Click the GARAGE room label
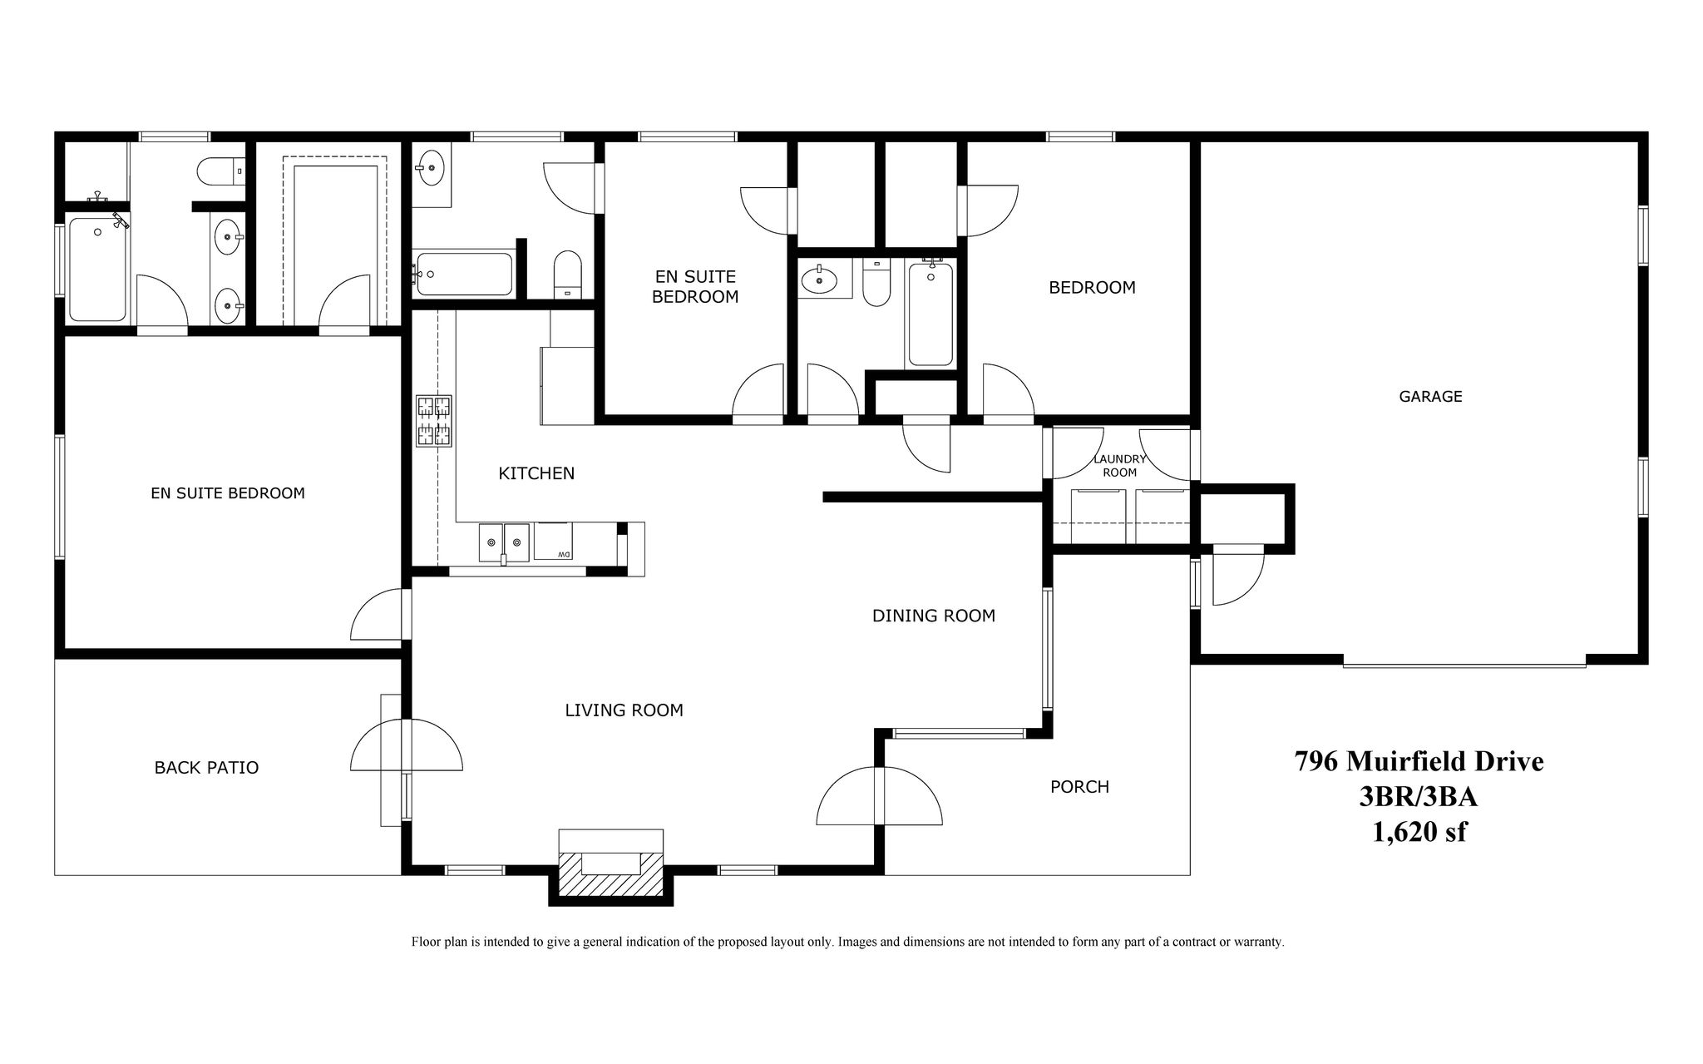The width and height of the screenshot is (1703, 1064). click(x=1429, y=397)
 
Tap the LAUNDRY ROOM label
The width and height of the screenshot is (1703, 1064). click(x=1119, y=466)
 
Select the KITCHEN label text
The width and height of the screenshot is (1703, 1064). click(x=536, y=473)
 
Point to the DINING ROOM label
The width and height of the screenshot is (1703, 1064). click(x=933, y=616)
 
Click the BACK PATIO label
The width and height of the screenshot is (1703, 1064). click(x=206, y=768)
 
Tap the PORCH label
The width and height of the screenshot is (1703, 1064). click(x=1079, y=787)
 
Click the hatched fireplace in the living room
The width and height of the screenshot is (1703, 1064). click(x=610, y=873)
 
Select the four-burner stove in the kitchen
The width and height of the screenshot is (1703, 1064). click(x=434, y=420)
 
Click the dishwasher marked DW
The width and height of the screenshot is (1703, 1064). click(x=552, y=542)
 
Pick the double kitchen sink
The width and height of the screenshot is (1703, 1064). click(x=504, y=542)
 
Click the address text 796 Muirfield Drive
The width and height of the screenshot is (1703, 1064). click(x=1419, y=761)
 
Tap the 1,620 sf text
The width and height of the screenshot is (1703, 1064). click(x=1419, y=832)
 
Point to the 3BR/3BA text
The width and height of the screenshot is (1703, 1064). click(x=1419, y=797)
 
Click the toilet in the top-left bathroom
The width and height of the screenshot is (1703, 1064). click(x=218, y=171)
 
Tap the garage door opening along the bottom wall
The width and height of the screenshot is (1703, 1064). click(x=1464, y=665)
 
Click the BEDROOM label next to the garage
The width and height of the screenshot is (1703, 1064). click(x=1092, y=288)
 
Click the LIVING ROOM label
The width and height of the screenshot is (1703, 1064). click(x=624, y=710)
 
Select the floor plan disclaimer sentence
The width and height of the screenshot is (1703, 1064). click(x=847, y=942)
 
